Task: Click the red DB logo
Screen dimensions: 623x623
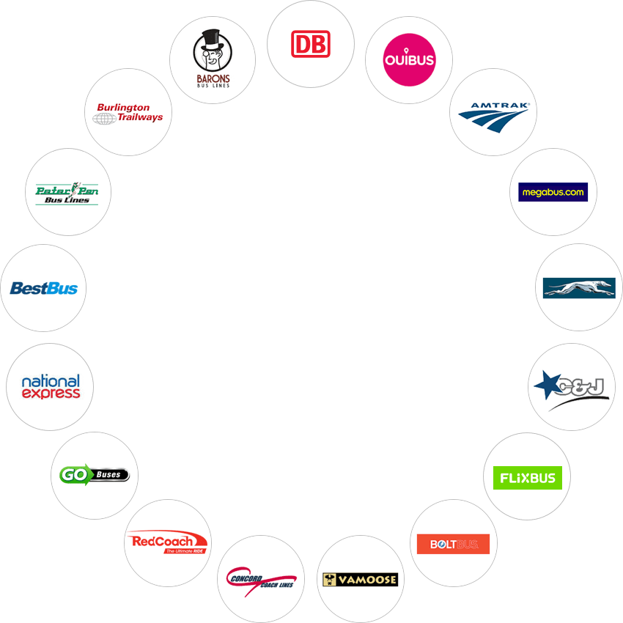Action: point(311,44)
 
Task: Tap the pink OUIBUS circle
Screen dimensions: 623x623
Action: point(409,60)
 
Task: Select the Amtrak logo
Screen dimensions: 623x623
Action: point(494,117)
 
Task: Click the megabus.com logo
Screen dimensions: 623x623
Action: point(553,192)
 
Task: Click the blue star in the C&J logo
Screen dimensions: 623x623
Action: point(547,384)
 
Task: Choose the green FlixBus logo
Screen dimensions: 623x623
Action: point(528,478)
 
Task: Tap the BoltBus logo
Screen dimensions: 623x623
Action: point(454,544)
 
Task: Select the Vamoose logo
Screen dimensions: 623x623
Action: point(361,580)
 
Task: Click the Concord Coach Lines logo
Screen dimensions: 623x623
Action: point(261,580)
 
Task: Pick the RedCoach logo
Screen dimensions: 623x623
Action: point(167,542)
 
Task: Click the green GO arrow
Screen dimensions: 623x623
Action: point(75,474)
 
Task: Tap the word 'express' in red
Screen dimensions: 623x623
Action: point(51,394)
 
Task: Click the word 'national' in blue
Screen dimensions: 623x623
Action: point(51,381)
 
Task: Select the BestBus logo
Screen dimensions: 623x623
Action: point(44,289)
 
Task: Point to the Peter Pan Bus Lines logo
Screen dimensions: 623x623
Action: point(67,193)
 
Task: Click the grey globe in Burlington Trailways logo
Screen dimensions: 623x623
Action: point(105,119)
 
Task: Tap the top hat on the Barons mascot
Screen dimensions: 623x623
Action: point(211,39)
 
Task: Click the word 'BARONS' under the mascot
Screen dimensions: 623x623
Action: point(213,78)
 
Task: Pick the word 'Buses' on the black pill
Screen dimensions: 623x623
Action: point(108,474)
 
